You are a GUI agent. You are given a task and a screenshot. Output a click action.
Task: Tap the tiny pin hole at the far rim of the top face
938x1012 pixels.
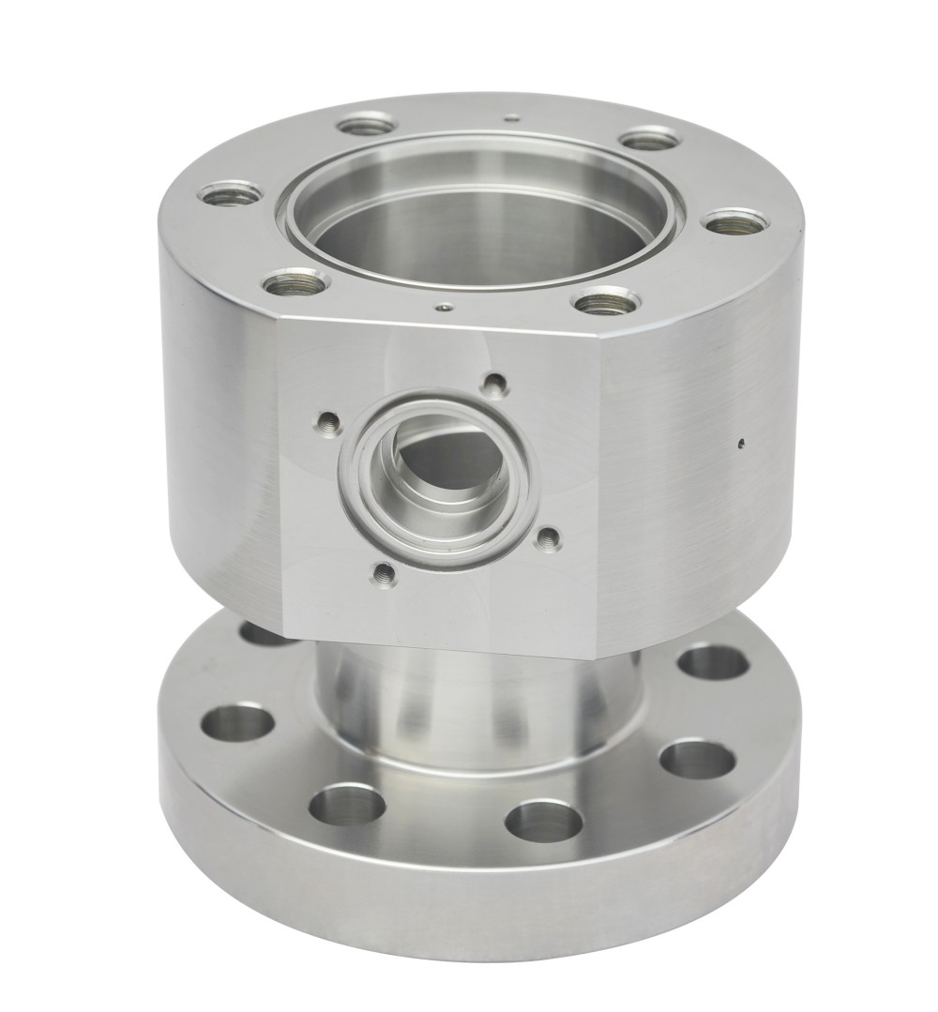click(509, 119)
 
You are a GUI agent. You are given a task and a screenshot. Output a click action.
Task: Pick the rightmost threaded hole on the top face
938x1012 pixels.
click(734, 224)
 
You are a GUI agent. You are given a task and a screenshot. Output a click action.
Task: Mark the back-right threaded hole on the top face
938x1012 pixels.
click(650, 140)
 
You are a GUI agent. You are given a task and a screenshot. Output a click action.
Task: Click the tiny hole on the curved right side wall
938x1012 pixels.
click(742, 443)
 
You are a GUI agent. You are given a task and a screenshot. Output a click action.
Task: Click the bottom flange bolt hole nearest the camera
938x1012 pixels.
click(543, 821)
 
